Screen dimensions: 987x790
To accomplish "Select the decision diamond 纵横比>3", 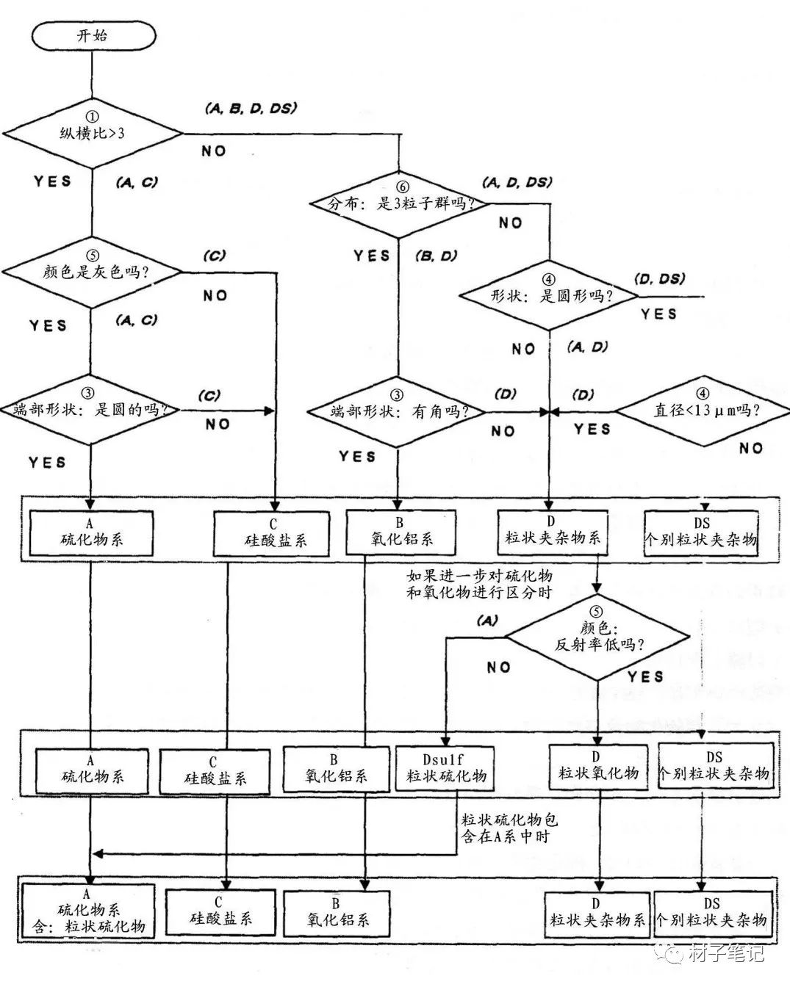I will [91, 134].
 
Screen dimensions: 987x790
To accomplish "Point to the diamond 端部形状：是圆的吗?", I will [90, 411].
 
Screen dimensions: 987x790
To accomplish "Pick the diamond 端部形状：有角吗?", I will [398, 412].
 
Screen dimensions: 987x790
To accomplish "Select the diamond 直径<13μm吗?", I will [705, 411].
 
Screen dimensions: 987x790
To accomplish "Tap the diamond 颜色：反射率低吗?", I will [600, 637].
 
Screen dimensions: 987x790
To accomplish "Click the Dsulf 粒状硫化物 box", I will [445, 768].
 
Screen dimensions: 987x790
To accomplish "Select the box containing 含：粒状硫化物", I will [90, 911].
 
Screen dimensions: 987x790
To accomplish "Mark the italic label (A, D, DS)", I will [517, 181].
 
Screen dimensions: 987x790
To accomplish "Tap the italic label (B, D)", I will [436, 256].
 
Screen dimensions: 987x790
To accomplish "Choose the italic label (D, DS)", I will [659, 278].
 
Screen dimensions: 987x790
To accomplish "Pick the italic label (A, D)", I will [589, 347].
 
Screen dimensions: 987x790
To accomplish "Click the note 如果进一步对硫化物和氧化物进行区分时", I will [478, 584].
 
